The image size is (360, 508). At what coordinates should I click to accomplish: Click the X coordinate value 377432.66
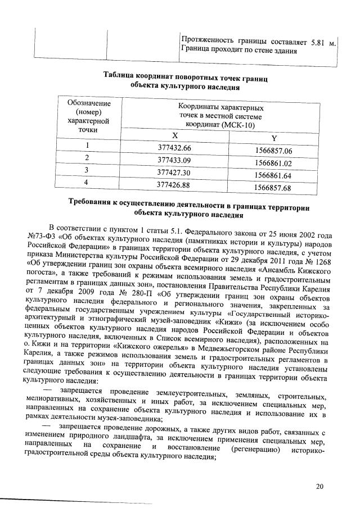tap(175, 148)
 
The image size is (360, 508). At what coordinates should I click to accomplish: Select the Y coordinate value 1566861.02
tap(273, 164)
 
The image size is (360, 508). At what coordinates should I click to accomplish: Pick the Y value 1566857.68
tap(273, 187)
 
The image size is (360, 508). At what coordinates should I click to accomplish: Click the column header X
tap(174, 135)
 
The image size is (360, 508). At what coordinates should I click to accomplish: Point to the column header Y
tap(273, 139)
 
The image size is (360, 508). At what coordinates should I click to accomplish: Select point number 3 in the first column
tap(87, 169)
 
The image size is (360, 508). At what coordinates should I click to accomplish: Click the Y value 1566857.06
tap(273, 151)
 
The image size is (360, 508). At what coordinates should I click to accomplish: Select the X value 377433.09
tap(175, 160)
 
